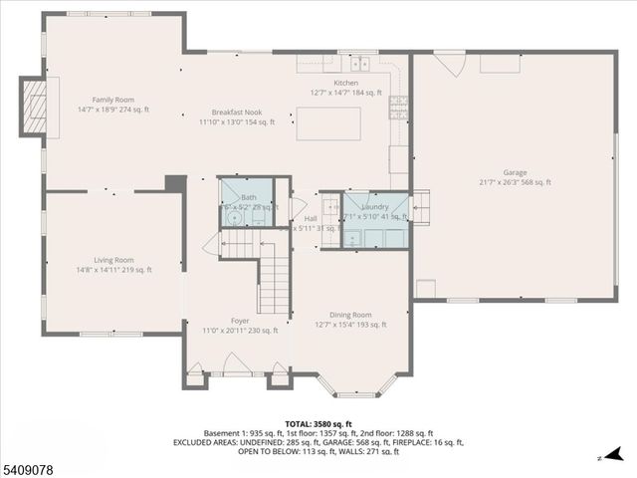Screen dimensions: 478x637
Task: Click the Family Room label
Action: (x=112, y=100)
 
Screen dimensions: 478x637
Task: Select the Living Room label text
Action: (x=114, y=260)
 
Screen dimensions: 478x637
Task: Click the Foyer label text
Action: (x=240, y=321)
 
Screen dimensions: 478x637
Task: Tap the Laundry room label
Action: (x=375, y=206)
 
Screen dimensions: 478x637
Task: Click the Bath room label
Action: (x=248, y=198)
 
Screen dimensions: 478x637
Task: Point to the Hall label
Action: (x=311, y=218)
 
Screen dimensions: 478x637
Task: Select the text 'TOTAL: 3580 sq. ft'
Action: (x=318, y=424)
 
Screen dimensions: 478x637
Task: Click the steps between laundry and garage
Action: (x=420, y=208)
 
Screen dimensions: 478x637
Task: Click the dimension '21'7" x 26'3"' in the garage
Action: (x=515, y=182)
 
